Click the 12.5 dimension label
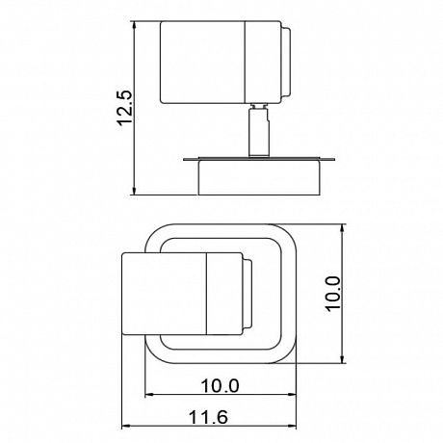(x=124, y=108)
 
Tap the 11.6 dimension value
(x=208, y=417)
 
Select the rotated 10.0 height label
(x=332, y=293)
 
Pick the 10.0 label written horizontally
(x=220, y=385)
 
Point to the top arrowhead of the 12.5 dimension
(x=135, y=25)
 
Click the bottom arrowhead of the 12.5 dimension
(x=135, y=191)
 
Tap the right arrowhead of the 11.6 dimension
(x=292, y=426)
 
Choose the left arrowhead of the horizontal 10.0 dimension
(x=149, y=394)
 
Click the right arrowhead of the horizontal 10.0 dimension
(x=292, y=394)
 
